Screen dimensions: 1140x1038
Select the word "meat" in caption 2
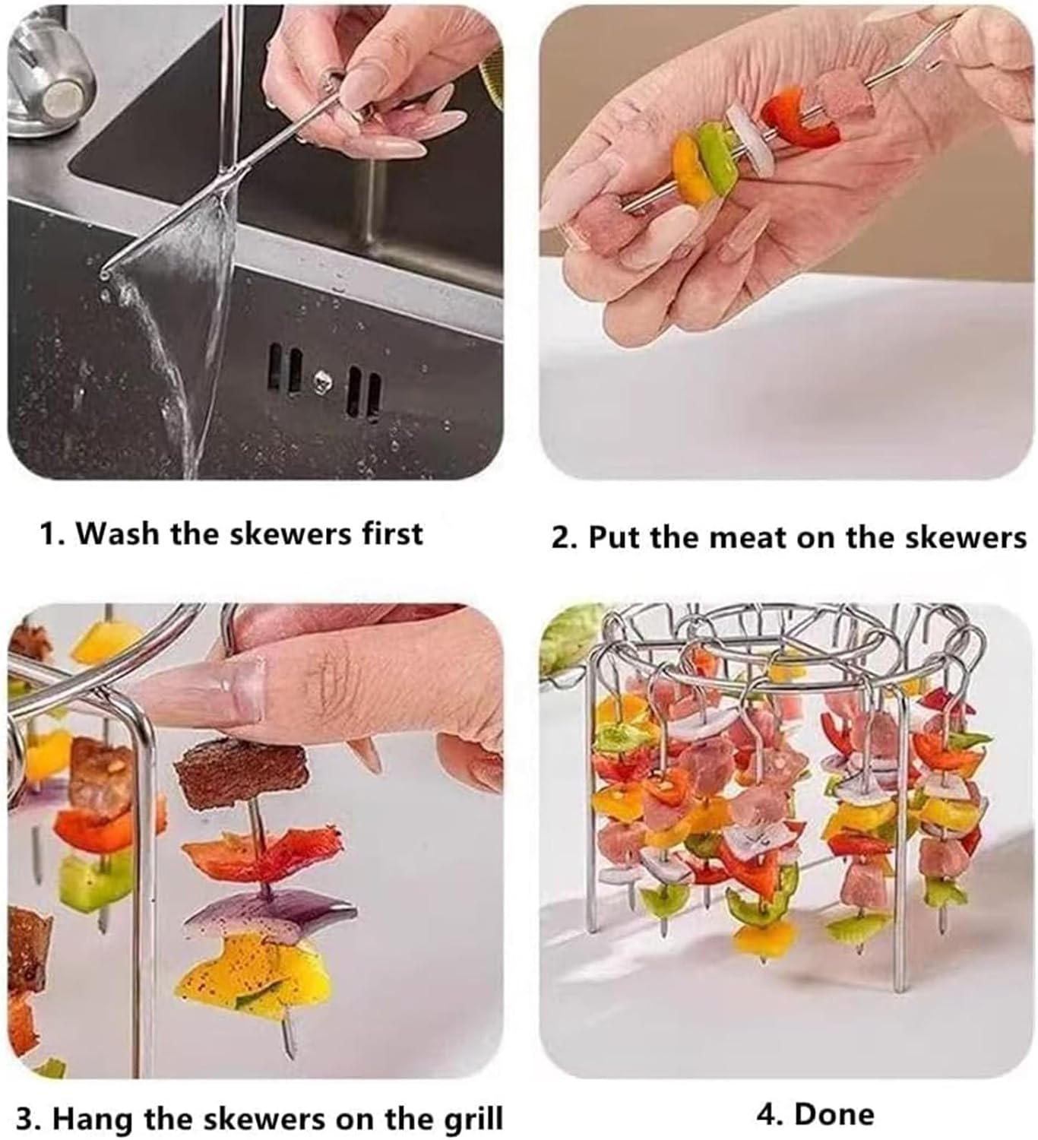coord(748,537)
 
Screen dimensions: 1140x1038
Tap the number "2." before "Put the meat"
coord(565,537)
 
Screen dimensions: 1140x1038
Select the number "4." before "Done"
coord(770,1114)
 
